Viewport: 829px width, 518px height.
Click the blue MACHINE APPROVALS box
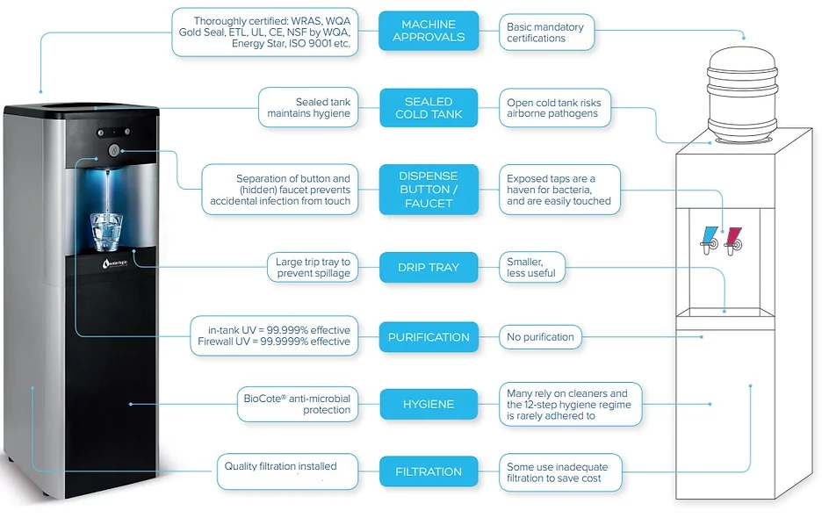pyautogui.click(x=429, y=32)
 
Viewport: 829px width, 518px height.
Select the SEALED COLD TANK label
pyautogui.click(x=429, y=108)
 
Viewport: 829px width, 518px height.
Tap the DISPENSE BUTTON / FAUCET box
pyautogui.click(x=429, y=190)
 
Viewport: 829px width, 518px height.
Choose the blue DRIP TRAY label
pyautogui.click(x=429, y=268)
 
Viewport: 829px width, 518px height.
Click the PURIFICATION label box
pyautogui.click(x=429, y=337)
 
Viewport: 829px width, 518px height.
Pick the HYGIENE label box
pyautogui.click(x=429, y=405)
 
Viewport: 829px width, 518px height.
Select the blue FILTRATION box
pyautogui.click(x=429, y=471)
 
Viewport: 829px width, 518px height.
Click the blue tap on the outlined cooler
pyautogui.click(x=709, y=240)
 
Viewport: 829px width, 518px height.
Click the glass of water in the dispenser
pyautogui.click(x=106, y=232)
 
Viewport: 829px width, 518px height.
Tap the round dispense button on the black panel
pyautogui.click(x=114, y=151)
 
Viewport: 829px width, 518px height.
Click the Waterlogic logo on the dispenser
pyautogui.click(x=115, y=263)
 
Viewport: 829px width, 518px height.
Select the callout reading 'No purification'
pyautogui.click(x=540, y=337)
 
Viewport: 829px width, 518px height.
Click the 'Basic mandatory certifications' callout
pyautogui.click(x=547, y=32)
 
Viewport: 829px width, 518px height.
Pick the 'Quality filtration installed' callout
pyautogui.click(x=287, y=471)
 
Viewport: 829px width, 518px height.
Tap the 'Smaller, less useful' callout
pyautogui.click(x=532, y=268)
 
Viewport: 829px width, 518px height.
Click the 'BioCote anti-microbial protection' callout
pyautogui.click(x=298, y=405)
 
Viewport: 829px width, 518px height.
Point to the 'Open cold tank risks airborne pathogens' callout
pyautogui.click(x=555, y=108)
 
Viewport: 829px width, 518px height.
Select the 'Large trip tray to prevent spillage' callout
pyautogui.click(x=313, y=268)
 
